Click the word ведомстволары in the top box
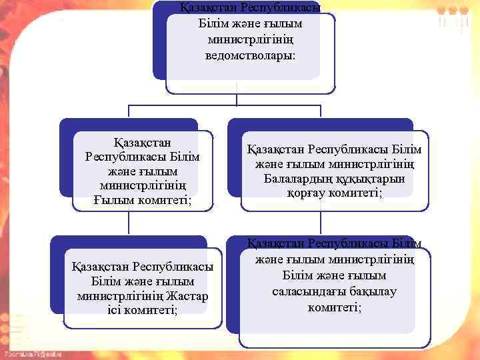click(250, 54)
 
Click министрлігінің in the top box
click(250, 39)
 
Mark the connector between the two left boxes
click(129, 223)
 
